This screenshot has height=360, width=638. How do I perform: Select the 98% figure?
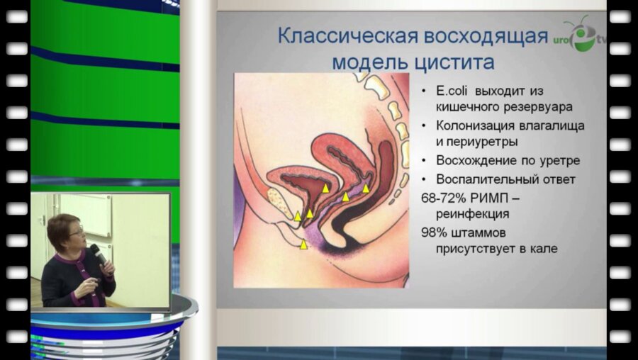click(433, 232)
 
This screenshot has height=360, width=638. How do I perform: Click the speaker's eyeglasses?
click(76, 232)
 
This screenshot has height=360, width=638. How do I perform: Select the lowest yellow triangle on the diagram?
click(303, 244)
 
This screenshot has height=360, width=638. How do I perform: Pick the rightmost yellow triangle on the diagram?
click(366, 189)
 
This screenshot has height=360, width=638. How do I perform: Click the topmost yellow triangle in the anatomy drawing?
click(325, 188)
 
